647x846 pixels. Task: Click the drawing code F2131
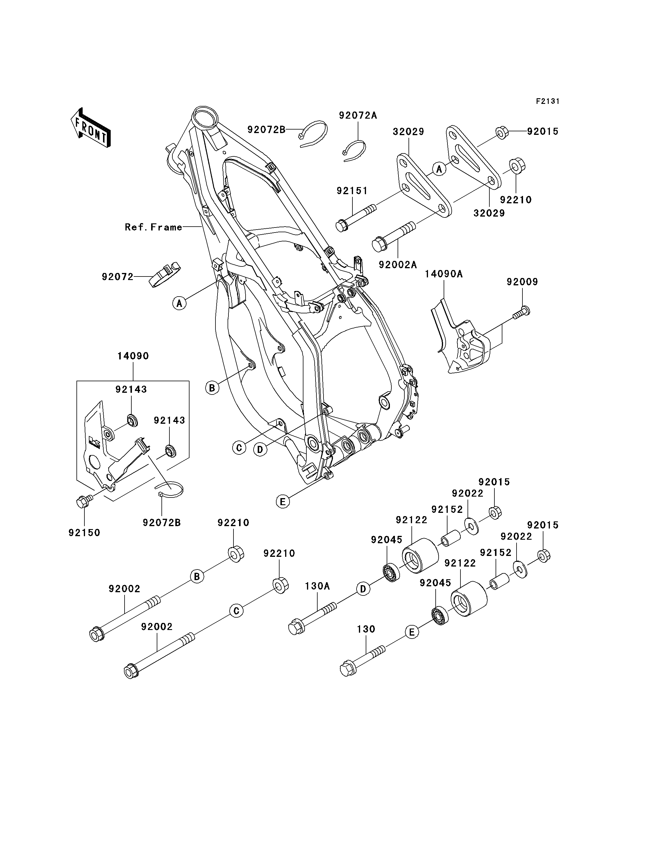[548, 101]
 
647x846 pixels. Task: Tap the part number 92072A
[358, 115]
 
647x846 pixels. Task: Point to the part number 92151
[352, 191]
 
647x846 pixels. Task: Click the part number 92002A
[398, 265]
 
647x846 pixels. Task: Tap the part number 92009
[522, 282]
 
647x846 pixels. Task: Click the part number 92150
[84, 533]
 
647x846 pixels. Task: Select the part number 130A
[317, 586]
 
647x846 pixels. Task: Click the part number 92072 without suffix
[117, 276]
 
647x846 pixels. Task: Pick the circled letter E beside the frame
[283, 502]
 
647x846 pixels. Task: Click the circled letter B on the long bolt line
[197, 577]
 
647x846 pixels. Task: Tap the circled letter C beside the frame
[239, 448]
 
